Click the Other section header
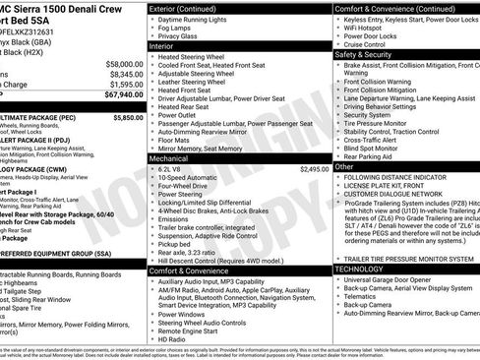(343, 167)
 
